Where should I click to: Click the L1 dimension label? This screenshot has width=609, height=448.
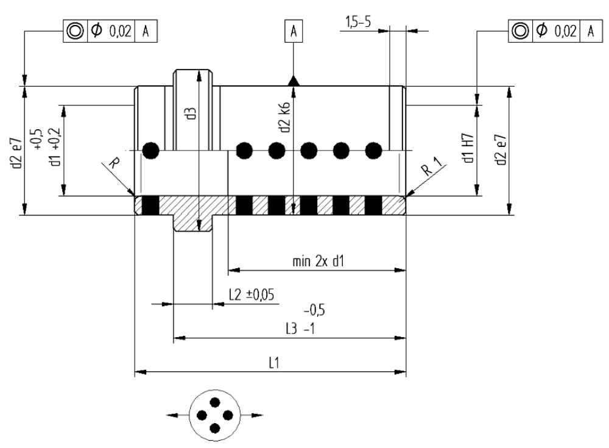tap(274, 363)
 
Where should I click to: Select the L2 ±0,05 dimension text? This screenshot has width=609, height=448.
tap(252, 295)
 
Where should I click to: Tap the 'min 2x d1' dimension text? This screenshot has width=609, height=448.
tap(318, 261)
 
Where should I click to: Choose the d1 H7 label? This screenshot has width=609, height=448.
tap(469, 148)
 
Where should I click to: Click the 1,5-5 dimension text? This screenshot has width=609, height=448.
tap(357, 22)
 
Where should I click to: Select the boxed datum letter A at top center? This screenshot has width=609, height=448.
tap(294, 30)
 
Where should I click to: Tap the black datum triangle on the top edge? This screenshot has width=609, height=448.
tap(294, 81)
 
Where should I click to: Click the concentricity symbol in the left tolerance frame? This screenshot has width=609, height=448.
tap(75, 30)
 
